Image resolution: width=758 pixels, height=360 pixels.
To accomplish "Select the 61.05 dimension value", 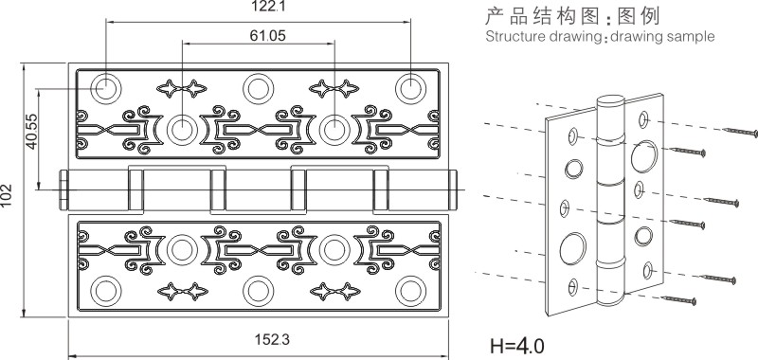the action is (268, 35).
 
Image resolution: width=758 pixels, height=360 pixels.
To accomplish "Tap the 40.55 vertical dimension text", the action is (31, 132).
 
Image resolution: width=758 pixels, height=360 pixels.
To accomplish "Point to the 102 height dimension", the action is (6, 196).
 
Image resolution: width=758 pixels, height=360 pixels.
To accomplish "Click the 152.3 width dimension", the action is (272, 340).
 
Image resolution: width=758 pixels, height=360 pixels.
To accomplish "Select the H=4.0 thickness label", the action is (516, 347).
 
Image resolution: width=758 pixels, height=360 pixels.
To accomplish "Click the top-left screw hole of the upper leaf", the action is (106, 88).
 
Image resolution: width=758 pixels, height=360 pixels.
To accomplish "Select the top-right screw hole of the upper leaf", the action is (410, 88).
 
